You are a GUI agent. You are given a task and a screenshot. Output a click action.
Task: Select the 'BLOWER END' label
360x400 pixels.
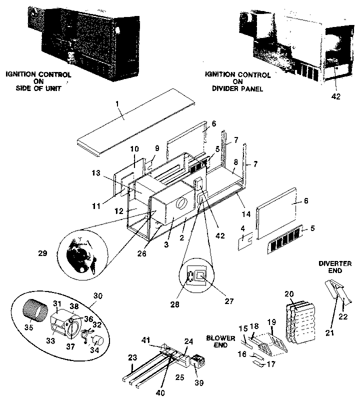tap(220, 341)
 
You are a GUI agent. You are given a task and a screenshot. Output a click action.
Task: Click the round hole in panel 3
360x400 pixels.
tap(182, 203)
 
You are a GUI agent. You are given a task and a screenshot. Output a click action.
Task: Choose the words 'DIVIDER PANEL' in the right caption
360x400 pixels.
tap(237, 89)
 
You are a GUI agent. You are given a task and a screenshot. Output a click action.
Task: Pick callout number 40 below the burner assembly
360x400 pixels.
tap(160, 393)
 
